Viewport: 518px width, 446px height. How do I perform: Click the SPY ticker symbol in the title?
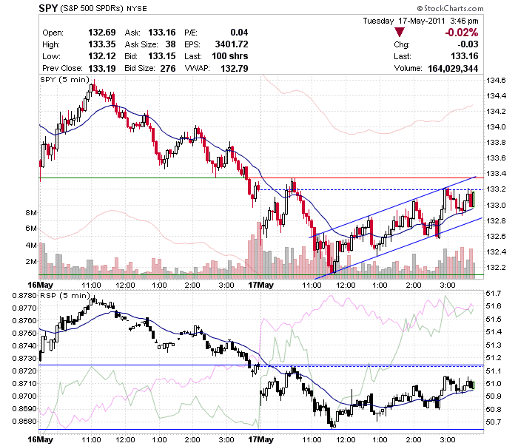[x=48, y=8]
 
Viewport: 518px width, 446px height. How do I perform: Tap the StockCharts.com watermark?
[x=450, y=8]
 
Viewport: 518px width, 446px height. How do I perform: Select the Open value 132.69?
[x=102, y=33]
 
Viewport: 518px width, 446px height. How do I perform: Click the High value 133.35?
[x=102, y=44]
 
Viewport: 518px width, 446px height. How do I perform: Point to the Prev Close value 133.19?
[x=102, y=68]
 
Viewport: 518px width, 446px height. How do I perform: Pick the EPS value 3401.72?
[x=231, y=44]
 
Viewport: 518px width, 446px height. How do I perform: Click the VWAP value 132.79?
[x=235, y=68]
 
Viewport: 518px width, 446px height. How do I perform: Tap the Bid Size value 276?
[x=168, y=68]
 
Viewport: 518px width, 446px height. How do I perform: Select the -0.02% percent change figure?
[x=462, y=33]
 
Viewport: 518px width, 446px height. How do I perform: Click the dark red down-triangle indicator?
[x=400, y=32]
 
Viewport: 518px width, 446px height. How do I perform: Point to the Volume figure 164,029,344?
[x=453, y=68]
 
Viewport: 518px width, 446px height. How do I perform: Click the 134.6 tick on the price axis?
[x=496, y=80]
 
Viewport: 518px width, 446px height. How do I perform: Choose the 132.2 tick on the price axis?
[x=496, y=267]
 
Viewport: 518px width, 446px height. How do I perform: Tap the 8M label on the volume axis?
[x=31, y=212]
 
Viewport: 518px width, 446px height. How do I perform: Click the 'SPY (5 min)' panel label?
[x=65, y=80]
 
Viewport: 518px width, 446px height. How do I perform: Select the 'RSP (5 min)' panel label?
[x=65, y=295]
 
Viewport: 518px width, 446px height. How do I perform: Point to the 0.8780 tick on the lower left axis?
[x=24, y=295]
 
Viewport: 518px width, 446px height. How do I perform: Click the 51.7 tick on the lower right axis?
[x=494, y=293]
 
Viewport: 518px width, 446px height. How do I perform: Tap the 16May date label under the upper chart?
[x=40, y=285]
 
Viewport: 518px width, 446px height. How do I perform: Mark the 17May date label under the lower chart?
[x=261, y=439]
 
